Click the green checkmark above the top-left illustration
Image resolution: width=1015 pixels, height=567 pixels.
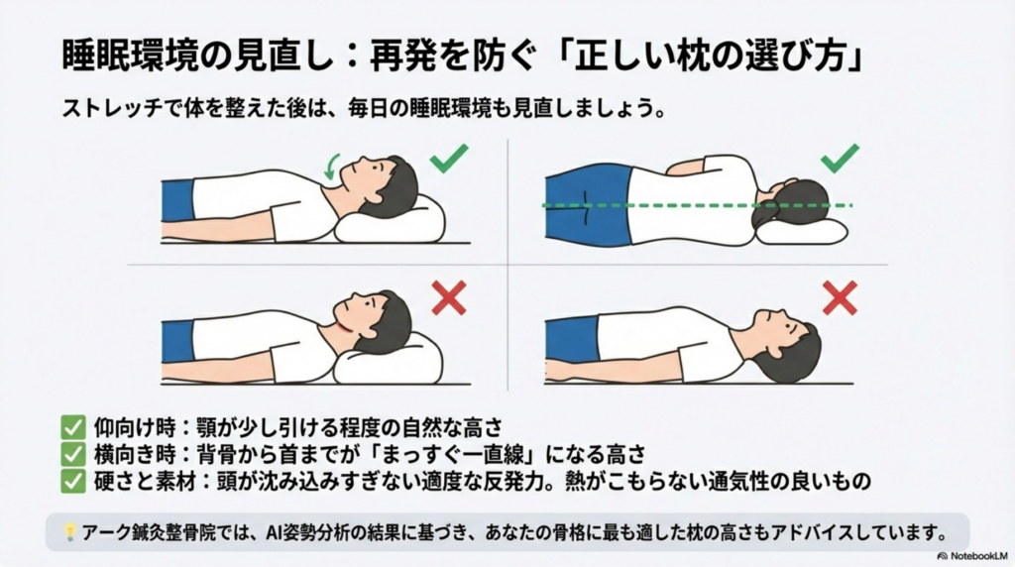(x=448, y=159)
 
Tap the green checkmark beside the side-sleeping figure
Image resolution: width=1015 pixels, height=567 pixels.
(x=840, y=159)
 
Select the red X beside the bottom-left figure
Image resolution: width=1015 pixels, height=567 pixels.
(x=449, y=297)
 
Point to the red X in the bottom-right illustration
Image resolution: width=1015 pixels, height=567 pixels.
(x=840, y=297)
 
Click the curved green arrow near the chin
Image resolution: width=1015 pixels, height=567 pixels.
(x=330, y=168)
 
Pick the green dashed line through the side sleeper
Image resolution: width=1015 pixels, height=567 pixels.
(x=697, y=205)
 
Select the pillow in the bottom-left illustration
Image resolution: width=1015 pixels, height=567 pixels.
(x=389, y=361)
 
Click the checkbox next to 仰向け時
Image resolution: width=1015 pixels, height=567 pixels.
(x=73, y=427)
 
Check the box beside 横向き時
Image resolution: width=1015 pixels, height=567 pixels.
(x=73, y=454)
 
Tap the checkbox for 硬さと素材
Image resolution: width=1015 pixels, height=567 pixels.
(x=73, y=481)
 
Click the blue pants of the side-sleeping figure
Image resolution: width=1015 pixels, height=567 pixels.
(x=587, y=204)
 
